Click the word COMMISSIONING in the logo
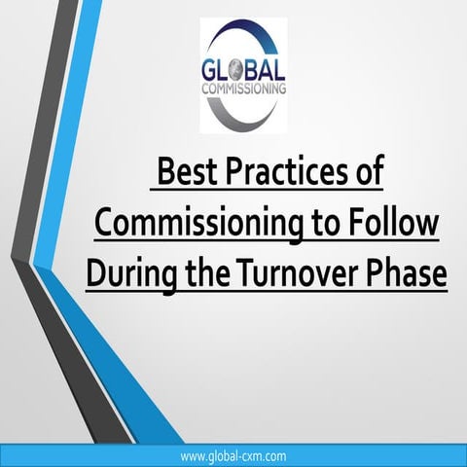(x=246, y=89)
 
